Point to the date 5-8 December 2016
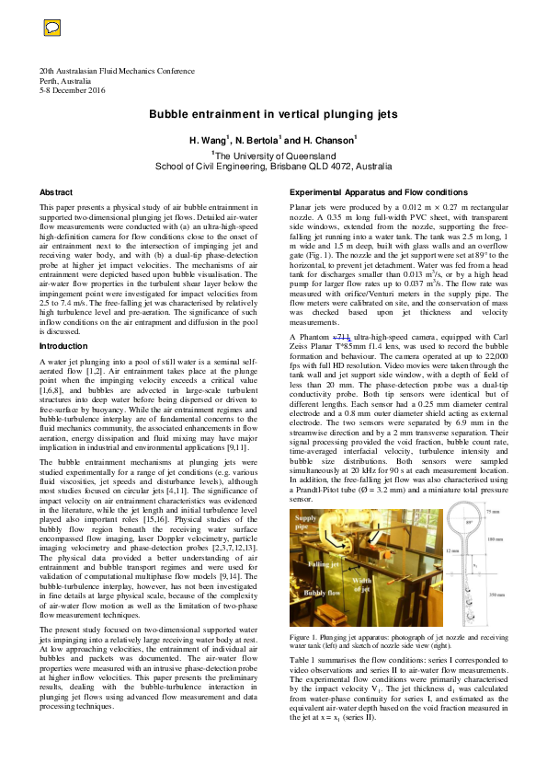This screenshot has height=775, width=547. [72, 90]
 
